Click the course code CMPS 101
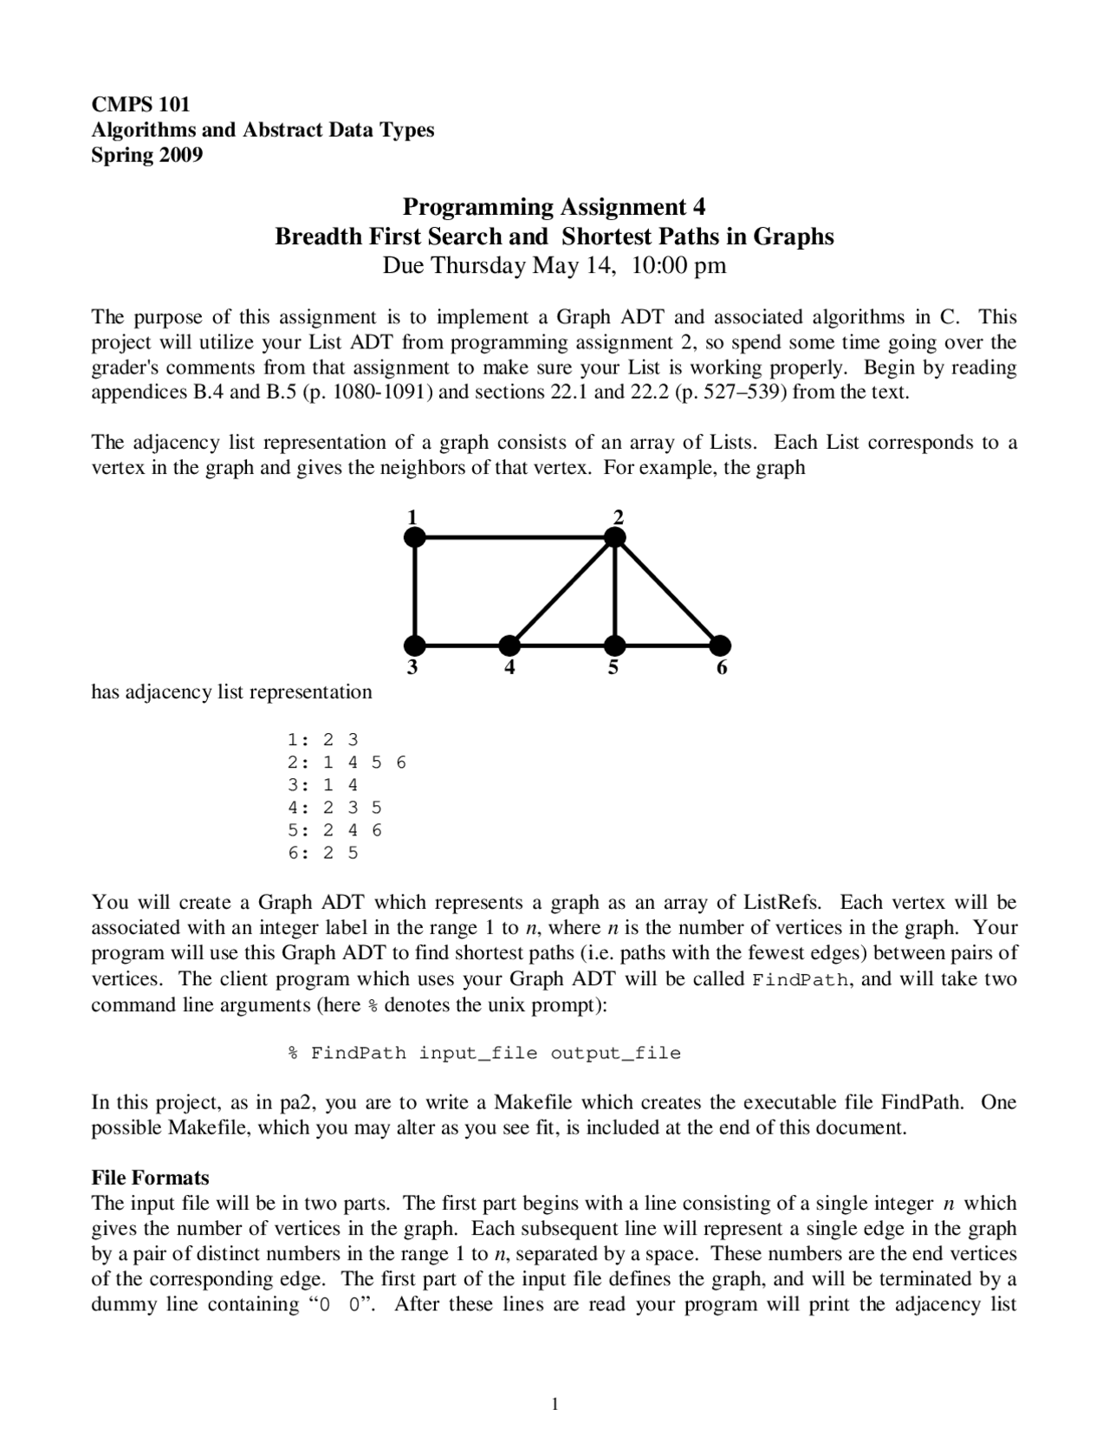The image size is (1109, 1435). pos(140,105)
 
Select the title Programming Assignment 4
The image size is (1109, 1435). pos(554,207)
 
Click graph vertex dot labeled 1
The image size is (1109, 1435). pos(415,538)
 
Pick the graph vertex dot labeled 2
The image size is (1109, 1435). pos(614,538)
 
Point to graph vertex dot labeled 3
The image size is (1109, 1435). pos(415,646)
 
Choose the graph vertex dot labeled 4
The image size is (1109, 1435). pos(509,646)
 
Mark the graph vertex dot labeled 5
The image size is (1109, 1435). pos(614,646)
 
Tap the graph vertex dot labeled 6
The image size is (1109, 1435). pos(720,646)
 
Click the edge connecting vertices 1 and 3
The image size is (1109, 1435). pos(415,592)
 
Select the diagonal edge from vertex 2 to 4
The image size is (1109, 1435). pos(562,592)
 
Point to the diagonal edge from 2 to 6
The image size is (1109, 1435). pos(667,592)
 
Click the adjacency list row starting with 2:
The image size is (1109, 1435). pos(347,763)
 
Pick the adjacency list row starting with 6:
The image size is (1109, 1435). pos(323,853)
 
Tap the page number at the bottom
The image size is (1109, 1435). pos(554,1405)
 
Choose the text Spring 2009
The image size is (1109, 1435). pos(146,156)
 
